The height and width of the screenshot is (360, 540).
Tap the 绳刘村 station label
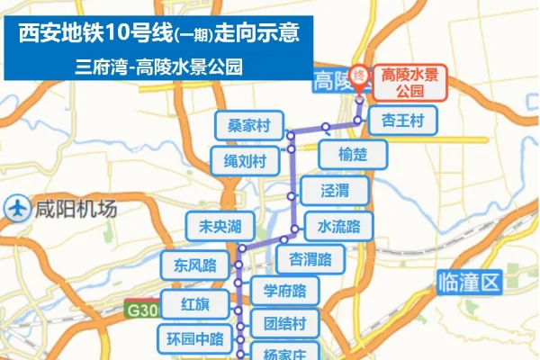(246, 162)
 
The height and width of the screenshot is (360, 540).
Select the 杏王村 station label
(401, 120)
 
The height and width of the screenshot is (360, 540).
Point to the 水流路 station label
(338, 225)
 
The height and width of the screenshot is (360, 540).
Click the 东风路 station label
(195, 265)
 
